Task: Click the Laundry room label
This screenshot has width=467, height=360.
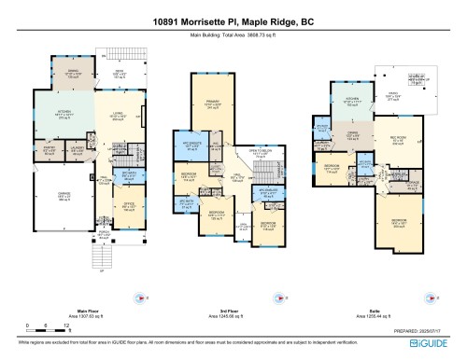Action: pyautogui.click(x=79, y=146)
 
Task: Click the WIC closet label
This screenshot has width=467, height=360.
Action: pyautogui.click(x=214, y=145)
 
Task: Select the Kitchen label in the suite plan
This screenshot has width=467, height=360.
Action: pyautogui.click(x=352, y=100)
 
